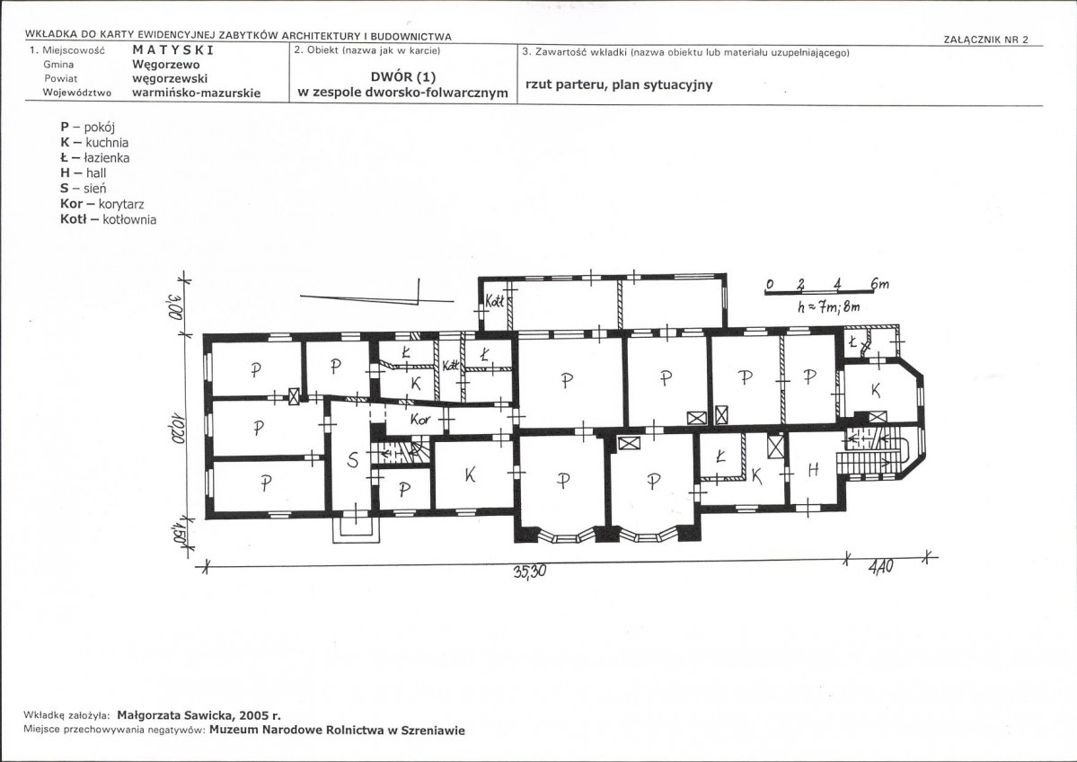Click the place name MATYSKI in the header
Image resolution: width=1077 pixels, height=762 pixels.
pyautogui.click(x=173, y=50)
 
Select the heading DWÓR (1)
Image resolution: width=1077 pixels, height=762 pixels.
pyautogui.click(x=403, y=77)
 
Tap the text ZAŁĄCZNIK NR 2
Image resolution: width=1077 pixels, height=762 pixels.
pyautogui.click(x=985, y=40)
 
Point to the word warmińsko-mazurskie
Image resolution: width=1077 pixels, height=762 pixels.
pyautogui.click(x=197, y=93)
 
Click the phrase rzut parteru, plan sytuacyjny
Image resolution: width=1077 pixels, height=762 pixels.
pyautogui.click(x=619, y=85)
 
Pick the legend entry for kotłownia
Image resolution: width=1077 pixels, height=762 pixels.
pyautogui.click(x=109, y=220)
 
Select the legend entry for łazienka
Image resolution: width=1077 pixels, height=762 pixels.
pyautogui.click(x=95, y=158)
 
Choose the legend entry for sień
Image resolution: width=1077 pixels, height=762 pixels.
pyautogui.click(x=84, y=189)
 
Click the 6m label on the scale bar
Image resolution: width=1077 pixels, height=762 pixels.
pyautogui.click(x=879, y=284)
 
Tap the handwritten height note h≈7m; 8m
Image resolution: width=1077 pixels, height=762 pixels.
pyautogui.click(x=828, y=307)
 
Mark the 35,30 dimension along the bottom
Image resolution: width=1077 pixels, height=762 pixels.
pyautogui.click(x=529, y=570)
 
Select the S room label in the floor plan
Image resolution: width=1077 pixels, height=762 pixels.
pyautogui.click(x=352, y=460)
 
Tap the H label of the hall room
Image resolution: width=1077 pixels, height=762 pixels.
pyautogui.click(x=813, y=470)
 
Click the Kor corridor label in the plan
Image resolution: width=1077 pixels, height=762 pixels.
pyautogui.click(x=419, y=419)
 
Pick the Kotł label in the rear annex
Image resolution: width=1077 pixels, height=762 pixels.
pyautogui.click(x=495, y=301)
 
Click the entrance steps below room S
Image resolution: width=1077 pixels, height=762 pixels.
pyautogui.click(x=355, y=529)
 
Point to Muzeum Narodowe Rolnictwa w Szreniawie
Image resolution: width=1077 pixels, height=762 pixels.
pyautogui.click(x=337, y=731)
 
